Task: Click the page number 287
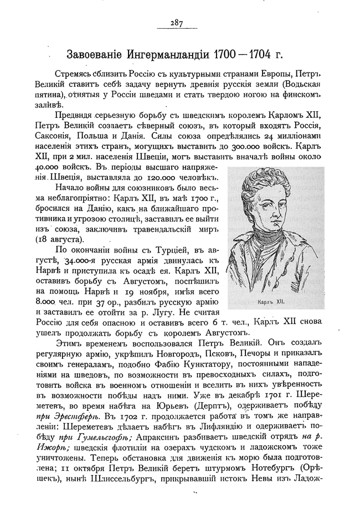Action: (x=177, y=23)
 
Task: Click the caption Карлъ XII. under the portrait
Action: (x=271, y=303)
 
